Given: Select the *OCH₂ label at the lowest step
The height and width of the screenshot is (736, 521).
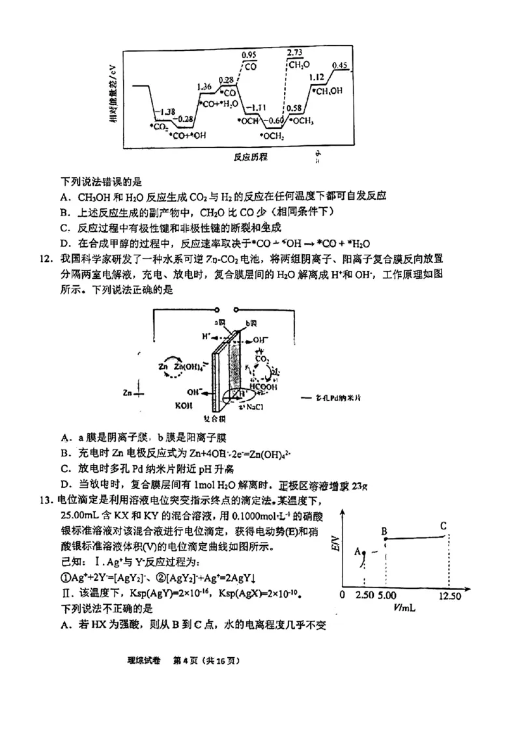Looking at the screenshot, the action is tap(272, 136).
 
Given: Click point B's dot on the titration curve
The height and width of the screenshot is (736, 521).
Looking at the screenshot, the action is tap(385, 539).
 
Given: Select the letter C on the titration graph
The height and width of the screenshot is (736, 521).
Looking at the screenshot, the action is tap(443, 526).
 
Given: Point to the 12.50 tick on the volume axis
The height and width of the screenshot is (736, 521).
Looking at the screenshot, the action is tap(450, 595).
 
